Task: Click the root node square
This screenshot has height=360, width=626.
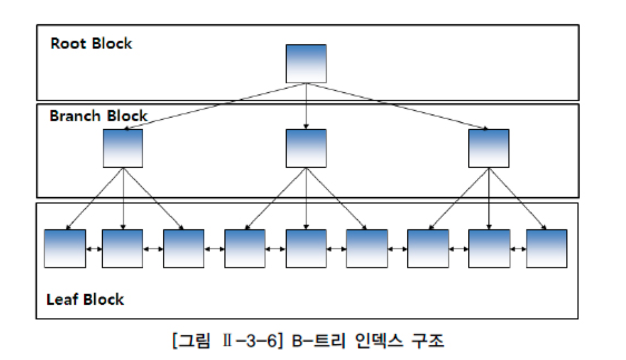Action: pos(306,64)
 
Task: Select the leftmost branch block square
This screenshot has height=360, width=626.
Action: pos(123,148)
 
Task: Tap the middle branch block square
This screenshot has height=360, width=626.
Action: pos(306,148)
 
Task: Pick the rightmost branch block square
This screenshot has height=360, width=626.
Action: pos(489,148)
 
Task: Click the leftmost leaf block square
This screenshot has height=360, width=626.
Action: pos(65,248)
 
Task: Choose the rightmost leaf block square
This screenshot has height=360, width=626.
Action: pos(547,248)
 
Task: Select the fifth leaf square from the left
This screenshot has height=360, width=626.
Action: pos(306,248)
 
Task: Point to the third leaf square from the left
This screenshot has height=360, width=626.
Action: pos(184,248)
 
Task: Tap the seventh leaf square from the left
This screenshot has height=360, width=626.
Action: pos(428,248)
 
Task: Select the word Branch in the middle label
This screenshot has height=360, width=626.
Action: pos(75,116)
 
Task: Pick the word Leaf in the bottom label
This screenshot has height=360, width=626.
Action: pos(62,300)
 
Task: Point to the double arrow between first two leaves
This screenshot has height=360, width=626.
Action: pos(94,249)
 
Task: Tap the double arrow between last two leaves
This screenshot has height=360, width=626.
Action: pos(518,249)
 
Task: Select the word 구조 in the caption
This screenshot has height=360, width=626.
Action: pos(428,341)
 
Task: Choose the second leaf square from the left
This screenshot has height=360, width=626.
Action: pos(122,248)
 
